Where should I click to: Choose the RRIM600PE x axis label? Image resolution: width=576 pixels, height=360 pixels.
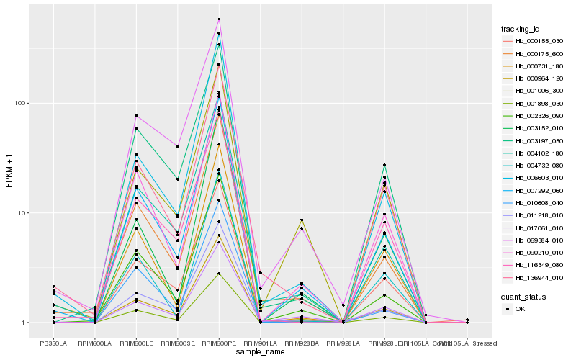219,343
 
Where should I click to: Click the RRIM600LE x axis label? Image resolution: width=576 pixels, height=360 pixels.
136,343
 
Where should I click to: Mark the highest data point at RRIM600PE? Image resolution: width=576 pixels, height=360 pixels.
219,19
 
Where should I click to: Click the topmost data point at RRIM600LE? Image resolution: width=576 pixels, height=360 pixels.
136,116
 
